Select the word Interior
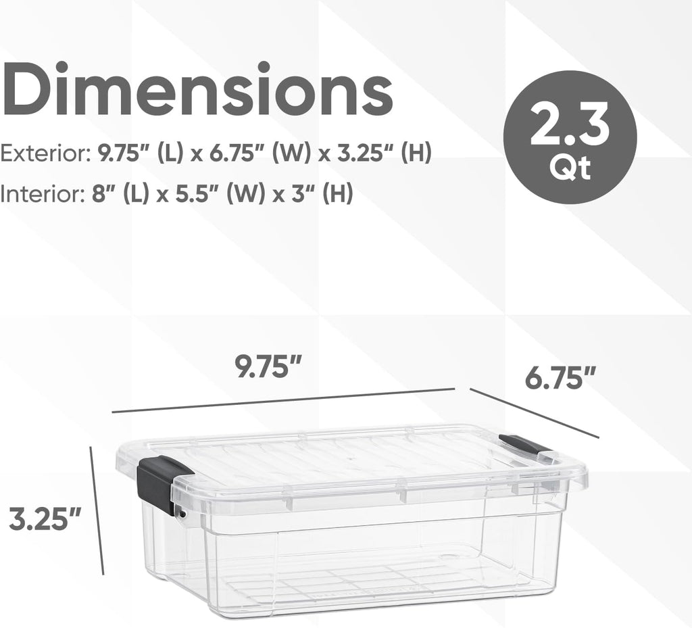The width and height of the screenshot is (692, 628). tap(41, 195)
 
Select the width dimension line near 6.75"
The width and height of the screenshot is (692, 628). tap(534, 413)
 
